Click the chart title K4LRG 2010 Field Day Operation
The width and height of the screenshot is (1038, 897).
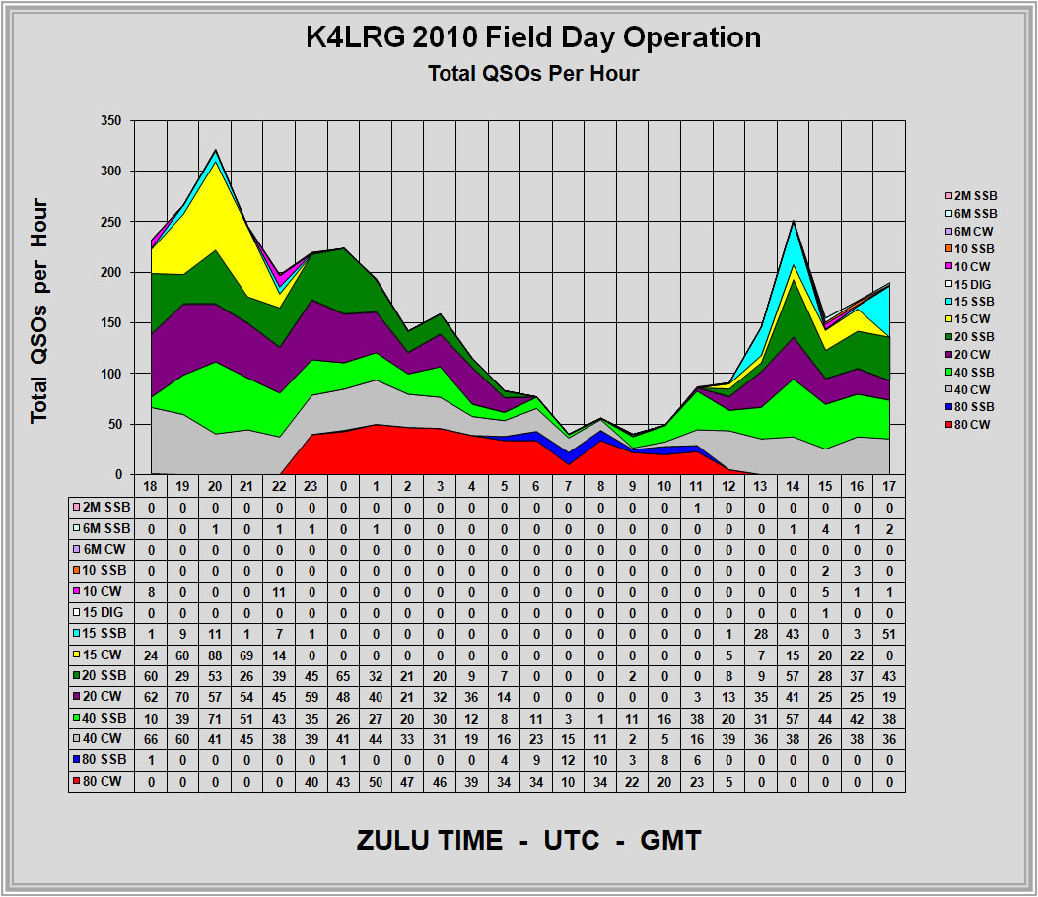coord(532,37)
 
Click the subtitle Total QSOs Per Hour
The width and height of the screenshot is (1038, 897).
coord(533,73)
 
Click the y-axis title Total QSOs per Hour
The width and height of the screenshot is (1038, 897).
coord(39,311)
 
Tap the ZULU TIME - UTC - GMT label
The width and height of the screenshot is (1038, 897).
coord(528,841)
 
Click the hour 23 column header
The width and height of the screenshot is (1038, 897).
coord(312,486)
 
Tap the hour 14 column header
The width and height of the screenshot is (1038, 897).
coord(793,486)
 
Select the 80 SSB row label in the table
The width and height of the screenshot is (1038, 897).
coord(100,759)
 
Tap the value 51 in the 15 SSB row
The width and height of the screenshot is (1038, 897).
coord(889,632)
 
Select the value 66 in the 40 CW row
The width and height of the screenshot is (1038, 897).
coord(152,738)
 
